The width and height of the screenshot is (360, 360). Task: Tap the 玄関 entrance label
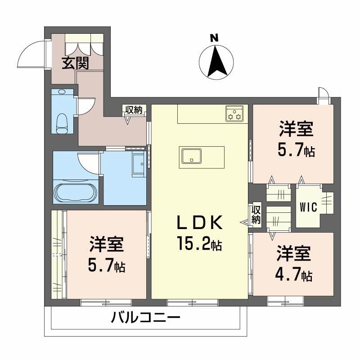[x=75, y=63]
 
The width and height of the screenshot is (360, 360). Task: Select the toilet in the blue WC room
[x=62, y=121]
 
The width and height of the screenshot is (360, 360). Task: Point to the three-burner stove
[x=234, y=113]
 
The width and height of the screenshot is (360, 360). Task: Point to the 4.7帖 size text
[x=295, y=275]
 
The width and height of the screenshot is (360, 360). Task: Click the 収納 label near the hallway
[x=134, y=110]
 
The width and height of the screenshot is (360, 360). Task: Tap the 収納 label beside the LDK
[x=256, y=215]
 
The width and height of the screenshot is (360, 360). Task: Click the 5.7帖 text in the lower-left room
[x=106, y=266]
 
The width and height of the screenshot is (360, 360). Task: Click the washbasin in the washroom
[x=138, y=162]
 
